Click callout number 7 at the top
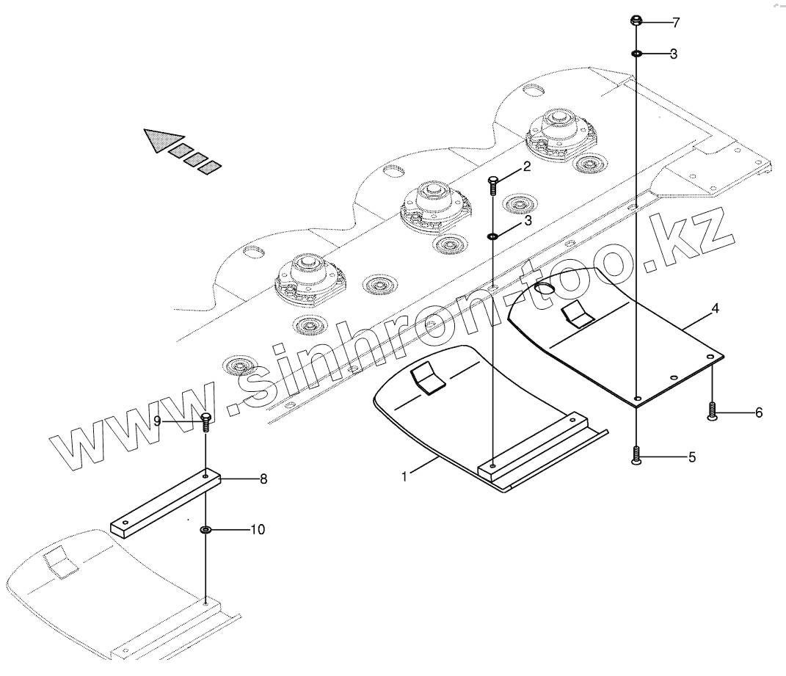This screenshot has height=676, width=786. tap(675, 22)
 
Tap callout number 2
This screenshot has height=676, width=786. tap(527, 167)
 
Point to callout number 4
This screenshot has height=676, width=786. tap(714, 309)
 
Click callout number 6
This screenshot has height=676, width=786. tap(758, 412)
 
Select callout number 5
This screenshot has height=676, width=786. tap(691, 457)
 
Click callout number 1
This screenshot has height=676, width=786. tap(404, 476)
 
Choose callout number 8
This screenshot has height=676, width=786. tap(263, 479)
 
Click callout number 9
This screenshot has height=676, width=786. tap(158, 421)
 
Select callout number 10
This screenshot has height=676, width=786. tap(258, 528)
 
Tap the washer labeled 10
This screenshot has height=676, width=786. tap(206, 528)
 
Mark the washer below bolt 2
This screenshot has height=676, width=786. tap(493, 236)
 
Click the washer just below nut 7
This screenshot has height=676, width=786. tap(636, 54)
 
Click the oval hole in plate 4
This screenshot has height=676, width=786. tap(545, 289)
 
